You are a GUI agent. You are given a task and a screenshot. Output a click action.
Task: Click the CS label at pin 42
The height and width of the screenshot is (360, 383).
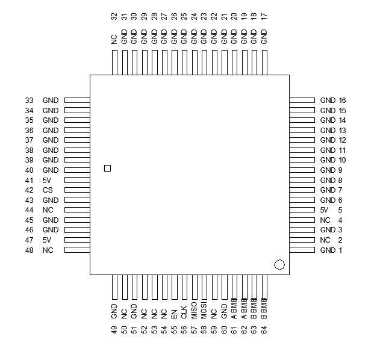[48, 190]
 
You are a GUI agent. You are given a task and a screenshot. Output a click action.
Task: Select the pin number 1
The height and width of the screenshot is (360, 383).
[340, 250]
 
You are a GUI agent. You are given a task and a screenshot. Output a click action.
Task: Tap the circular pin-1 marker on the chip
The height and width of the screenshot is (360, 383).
[279, 264]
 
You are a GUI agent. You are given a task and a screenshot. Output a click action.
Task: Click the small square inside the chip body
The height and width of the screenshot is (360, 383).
[107, 168]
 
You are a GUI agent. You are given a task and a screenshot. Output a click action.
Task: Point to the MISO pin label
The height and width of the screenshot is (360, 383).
[194, 311]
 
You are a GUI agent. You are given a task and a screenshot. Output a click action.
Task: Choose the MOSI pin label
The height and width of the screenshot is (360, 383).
[204, 311]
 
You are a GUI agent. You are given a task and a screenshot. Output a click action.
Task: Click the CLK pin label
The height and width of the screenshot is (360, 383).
[184, 311]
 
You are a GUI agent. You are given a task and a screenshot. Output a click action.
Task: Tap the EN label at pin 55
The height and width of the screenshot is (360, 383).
[174, 312]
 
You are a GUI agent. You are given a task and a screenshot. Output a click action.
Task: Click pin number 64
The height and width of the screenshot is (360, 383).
[264, 329]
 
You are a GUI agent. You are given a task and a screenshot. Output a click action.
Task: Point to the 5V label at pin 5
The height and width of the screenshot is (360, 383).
[325, 210]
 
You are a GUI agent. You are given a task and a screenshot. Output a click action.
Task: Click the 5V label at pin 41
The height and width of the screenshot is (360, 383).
[48, 180]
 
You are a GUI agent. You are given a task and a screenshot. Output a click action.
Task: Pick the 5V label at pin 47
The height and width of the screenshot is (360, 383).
[48, 240]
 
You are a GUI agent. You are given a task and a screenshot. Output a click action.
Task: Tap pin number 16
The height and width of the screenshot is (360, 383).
[342, 101]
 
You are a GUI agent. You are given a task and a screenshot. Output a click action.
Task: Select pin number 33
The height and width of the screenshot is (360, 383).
[30, 101]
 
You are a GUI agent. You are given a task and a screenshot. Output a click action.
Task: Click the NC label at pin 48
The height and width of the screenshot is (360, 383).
[48, 250]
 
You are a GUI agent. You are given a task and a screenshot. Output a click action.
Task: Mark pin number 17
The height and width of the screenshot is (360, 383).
[263, 18]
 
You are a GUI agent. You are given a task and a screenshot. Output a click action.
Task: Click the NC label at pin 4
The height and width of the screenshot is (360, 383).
[326, 220]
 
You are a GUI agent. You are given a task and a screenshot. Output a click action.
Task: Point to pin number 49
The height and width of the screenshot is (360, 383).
[114, 329]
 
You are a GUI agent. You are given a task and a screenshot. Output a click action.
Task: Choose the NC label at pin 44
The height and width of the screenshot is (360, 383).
[48, 210]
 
